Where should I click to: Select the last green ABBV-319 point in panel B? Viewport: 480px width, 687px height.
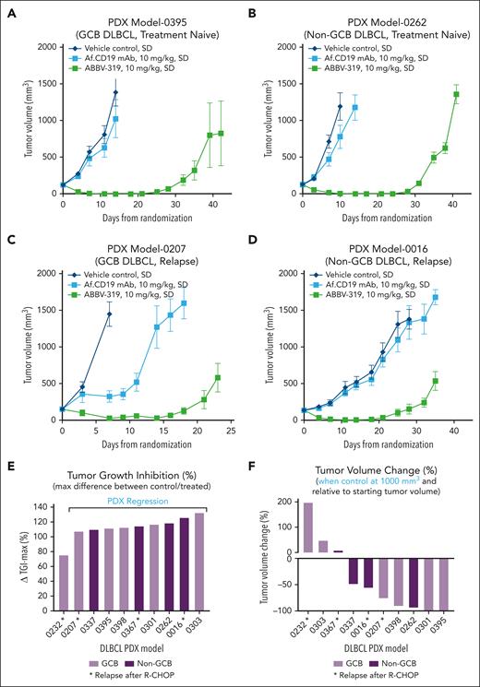point(456,93)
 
